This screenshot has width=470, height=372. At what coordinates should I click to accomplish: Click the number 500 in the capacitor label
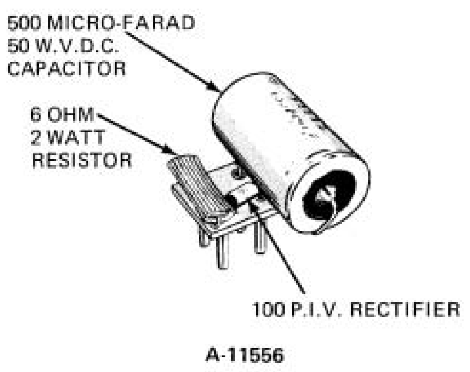tap(24, 23)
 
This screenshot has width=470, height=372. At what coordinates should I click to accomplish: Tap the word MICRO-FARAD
tap(121, 23)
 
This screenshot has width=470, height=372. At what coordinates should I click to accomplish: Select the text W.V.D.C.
tap(76, 46)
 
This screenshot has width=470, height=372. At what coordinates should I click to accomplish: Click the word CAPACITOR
tap(66, 69)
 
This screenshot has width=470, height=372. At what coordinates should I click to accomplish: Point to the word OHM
tap(71, 114)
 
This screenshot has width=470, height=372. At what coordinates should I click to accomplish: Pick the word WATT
tap(76, 137)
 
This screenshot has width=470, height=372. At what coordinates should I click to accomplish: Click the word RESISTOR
tap(82, 160)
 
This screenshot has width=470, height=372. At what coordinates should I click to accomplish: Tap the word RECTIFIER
tap(405, 309)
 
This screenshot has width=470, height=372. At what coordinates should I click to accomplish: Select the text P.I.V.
tap(316, 309)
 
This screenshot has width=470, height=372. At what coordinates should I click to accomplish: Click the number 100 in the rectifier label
tap(268, 309)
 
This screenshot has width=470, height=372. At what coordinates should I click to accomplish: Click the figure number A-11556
tap(245, 355)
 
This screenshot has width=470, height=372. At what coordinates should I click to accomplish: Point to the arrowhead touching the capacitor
tap(215, 87)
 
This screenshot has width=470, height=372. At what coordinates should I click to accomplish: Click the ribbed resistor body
tap(198, 186)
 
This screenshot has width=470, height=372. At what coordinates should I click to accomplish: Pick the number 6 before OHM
tap(35, 114)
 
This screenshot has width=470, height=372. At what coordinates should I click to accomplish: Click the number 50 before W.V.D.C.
tap(18, 46)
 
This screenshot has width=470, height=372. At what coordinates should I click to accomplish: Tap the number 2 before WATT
tap(36, 137)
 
